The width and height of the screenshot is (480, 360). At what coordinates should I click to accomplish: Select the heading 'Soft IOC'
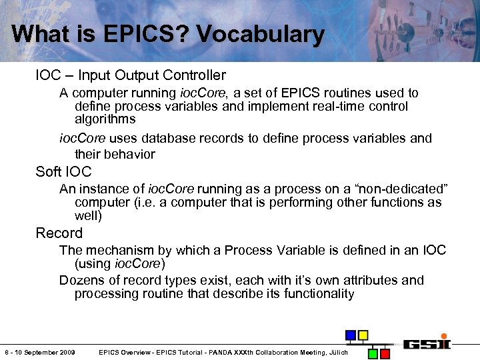[x=63, y=172]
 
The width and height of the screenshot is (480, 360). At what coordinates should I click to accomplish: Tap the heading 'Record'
[x=59, y=233]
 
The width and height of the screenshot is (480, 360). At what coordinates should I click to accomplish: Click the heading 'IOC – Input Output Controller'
[x=131, y=75]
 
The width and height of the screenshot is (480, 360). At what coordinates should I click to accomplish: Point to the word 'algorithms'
[x=105, y=120]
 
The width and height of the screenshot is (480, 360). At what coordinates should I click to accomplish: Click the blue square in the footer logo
[x=350, y=335]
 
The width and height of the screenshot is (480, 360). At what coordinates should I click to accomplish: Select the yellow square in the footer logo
[x=363, y=335]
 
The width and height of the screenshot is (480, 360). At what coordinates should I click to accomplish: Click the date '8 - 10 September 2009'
[x=39, y=352]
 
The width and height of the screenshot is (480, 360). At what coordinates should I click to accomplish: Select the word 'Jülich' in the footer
[x=339, y=352]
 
